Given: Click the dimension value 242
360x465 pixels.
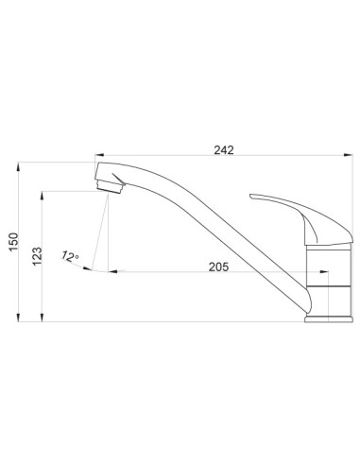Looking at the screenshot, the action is point(224,150).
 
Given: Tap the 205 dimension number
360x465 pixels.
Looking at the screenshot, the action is point(218,267).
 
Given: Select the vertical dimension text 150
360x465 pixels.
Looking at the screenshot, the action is point(14,242).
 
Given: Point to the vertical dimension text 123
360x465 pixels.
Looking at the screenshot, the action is point(37,256).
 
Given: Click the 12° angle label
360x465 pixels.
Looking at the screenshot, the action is point(70,256).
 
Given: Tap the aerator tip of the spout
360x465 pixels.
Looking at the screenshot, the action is point(110,187).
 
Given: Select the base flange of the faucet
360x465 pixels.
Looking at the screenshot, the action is point(329,319).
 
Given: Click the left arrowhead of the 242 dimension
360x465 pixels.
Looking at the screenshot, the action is point(99,155).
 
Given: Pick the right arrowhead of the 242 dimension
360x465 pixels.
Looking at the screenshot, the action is point(349,155).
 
